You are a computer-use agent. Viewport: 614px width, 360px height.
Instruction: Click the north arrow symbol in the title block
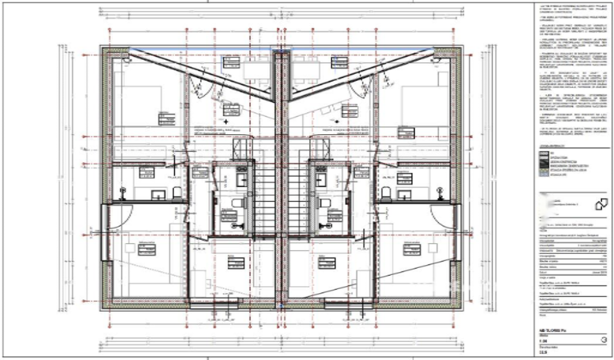(x=601, y=204)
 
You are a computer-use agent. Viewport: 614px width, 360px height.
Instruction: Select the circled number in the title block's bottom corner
(x=602, y=339)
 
